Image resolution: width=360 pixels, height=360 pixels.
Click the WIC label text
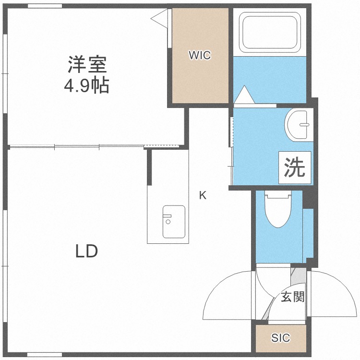(x=199, y=56)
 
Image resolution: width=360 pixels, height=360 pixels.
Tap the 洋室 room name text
(x=87, y=64)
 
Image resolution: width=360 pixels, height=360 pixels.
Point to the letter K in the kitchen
(x=203, y=195)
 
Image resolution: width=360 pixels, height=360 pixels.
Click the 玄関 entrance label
(x=292, y=297)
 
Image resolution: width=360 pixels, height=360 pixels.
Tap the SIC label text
(x=280, y=338)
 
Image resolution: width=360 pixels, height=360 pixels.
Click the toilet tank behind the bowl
(x=279, y=195)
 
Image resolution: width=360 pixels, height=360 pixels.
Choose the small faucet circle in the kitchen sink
(x=168, y=222)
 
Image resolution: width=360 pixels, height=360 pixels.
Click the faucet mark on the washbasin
(x=304, y=125)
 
